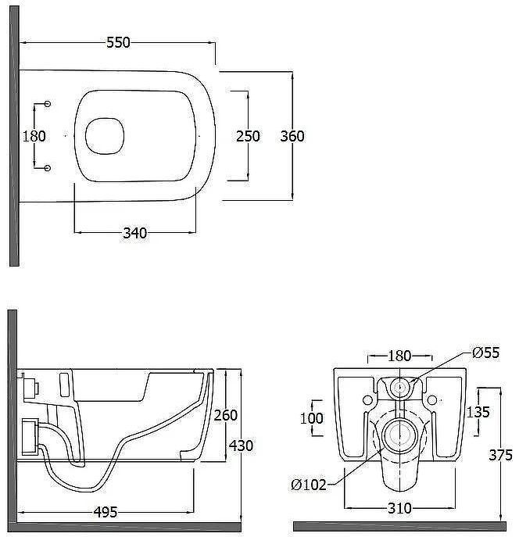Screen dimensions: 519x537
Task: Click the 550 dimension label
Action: [x=119, y=43]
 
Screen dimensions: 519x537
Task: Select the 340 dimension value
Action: [x=135, y=233]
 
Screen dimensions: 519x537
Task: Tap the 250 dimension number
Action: [x=248, y=136]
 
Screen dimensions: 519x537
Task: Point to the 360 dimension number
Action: [x=292, y=136]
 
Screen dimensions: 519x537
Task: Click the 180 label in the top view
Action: [x=34, y=136]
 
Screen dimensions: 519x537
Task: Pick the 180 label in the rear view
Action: [x=399, y=356]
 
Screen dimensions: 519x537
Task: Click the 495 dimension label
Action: [x=106, y=512]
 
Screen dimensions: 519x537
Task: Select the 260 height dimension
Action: [x=226, y=415]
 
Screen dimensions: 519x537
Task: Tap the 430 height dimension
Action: [x=241, y=446]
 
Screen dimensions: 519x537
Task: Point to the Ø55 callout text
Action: [x=486, y=353]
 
